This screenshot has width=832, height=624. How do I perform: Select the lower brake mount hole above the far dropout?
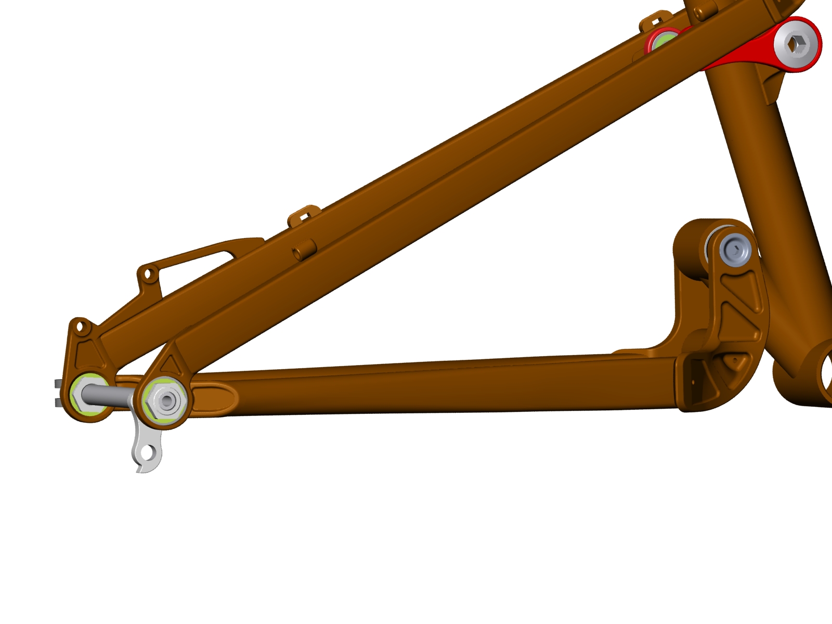click(x=80, y=327)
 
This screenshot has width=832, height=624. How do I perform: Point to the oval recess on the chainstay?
click(x=218, y=398)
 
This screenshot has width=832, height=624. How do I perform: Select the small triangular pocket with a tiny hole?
click(x=734, y=361)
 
